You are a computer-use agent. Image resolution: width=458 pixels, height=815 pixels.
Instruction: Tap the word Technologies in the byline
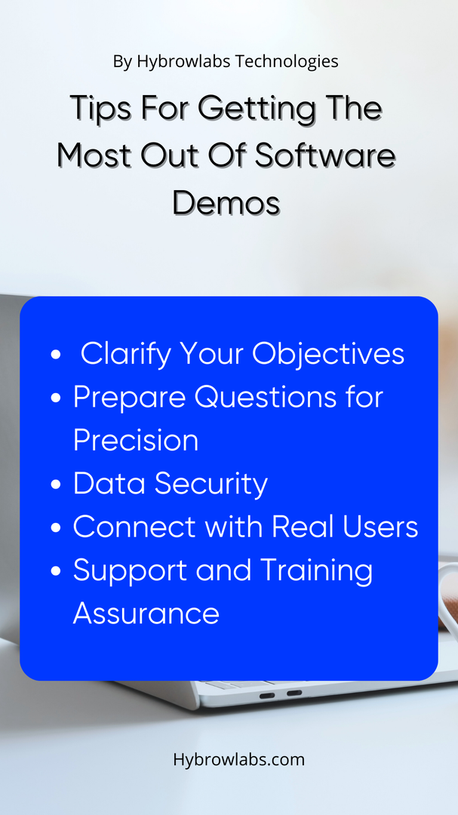(x=287, y=62)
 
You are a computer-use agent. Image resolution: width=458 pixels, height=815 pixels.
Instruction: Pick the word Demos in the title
(x=226, y=203)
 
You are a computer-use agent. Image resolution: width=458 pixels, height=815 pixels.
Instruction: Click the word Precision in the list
(x=136, y=441)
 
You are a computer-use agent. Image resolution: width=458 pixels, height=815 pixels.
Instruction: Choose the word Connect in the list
(x=134, y=527)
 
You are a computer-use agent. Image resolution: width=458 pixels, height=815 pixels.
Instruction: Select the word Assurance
(x=146, y=614)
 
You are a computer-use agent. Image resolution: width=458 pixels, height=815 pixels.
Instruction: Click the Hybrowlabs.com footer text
(x=239, y=760)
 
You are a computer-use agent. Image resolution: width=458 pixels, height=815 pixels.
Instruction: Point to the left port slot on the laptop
(x=266, y=695)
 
